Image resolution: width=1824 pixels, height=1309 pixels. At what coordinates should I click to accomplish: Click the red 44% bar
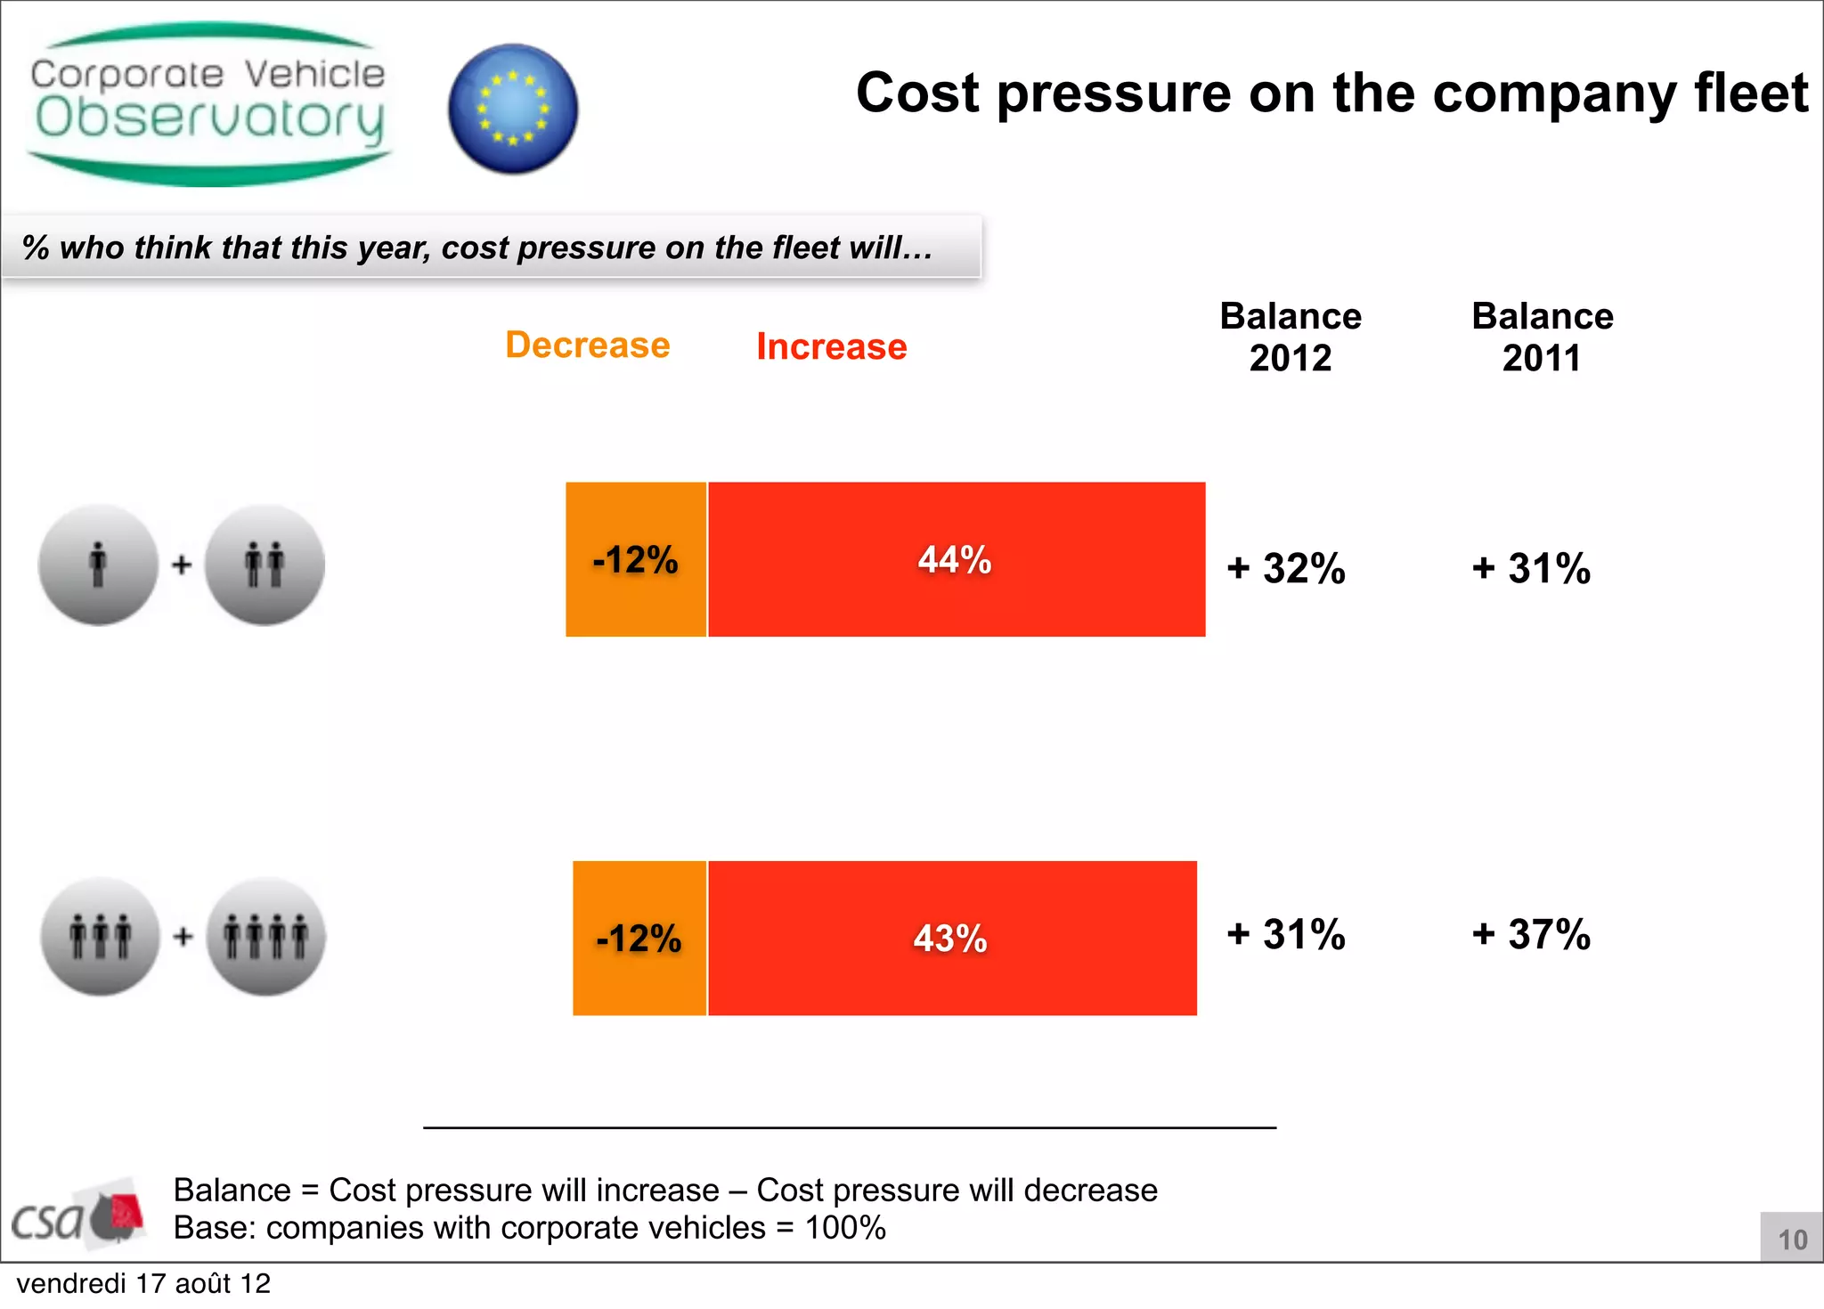point(956,559)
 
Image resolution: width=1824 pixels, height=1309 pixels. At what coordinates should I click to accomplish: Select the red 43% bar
point(951,938)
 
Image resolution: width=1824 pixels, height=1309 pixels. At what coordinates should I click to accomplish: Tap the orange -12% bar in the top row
point(636,559)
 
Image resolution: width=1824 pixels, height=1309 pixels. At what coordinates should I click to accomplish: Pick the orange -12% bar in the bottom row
point(639,938)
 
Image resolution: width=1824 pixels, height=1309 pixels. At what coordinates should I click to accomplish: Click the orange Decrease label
point(587,346)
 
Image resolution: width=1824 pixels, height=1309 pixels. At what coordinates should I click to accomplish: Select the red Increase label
point(831,346)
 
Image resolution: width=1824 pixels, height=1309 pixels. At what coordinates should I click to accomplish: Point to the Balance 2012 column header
point(1290,337)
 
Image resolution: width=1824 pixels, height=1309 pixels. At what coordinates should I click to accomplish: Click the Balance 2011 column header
point(1542,337)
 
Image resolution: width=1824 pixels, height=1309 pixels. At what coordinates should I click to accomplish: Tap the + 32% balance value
point(1286,568)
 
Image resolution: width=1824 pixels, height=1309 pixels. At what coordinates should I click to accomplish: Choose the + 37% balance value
point(1531,934)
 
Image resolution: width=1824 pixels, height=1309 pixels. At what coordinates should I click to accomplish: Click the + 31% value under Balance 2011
point(1531,568)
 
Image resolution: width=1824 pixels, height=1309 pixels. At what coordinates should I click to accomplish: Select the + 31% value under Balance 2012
point(1286,934)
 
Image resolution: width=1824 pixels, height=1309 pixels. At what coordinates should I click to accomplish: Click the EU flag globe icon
point(513,109)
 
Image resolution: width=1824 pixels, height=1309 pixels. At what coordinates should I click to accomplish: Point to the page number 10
point(1792,1240)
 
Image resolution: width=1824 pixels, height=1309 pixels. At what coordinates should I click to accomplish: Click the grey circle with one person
point(98,565)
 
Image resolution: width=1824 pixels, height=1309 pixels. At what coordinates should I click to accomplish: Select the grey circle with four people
point(266,936)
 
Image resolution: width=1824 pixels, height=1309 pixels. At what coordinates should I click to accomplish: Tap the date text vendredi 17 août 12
point(143,1283)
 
